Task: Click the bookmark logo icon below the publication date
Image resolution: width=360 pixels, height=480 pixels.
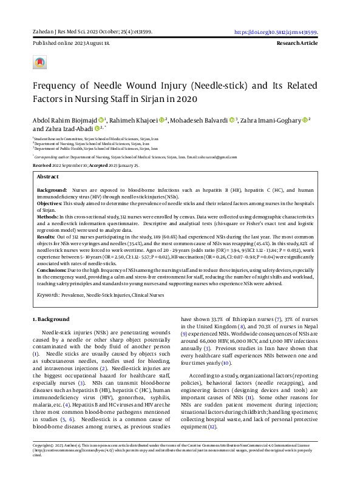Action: pyautogui.click(x=40, y=62)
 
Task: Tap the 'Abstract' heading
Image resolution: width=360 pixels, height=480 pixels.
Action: pyautogui.click(x=48, y=176)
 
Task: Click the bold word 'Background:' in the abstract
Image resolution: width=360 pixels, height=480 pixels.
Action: pyautogui.click(x=52, y=190)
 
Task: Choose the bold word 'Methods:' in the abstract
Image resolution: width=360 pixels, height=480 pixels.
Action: pyautogui.click(x=48, y=216)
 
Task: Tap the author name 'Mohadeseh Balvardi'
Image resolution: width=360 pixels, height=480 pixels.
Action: pyautogui.click(x=201, y=120)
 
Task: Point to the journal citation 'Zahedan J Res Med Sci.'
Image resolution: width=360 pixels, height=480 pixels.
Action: pyautogui.click(x=60, y=33)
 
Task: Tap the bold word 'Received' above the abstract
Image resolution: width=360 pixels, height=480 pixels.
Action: pyautogui.click(x=42, y=164)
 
